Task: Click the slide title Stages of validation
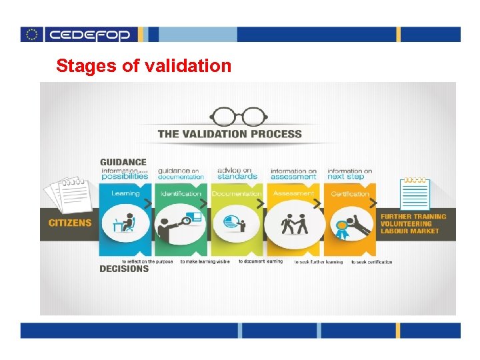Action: (143, 66)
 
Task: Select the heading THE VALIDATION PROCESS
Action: (229, 134)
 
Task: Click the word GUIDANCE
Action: (123, 162)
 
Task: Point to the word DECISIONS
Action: (124, 269)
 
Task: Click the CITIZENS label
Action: (70, 223)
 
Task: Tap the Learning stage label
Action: (125, 193)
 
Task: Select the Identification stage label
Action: (181, 193)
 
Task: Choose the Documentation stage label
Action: (237, 193)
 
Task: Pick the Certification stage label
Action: (349, 193)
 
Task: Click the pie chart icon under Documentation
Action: (233, 222)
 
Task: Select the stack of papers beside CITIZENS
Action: (67, 193)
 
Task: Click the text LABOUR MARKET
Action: (409, 231)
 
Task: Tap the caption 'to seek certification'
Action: (371, 262)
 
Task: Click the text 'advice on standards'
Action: (237, 173)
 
